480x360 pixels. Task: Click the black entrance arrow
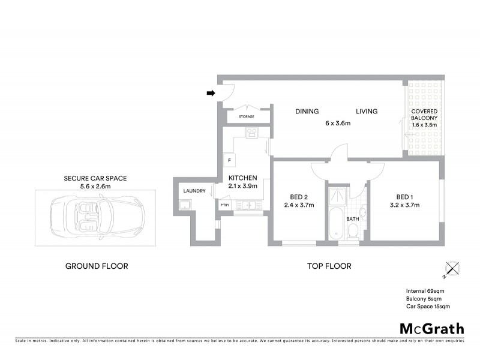coord(211,93)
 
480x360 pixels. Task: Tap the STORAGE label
coord(247,116)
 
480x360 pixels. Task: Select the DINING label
coord(307,111)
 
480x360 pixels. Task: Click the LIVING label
coord(366,111)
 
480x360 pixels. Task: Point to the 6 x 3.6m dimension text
coord(338,123)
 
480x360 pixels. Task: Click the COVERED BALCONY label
coord(424,115)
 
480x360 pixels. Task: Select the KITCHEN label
coord(243,178)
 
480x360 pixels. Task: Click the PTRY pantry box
coord(225,205)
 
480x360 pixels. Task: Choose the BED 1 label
coord(404,197)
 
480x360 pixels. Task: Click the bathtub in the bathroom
coord(335,224)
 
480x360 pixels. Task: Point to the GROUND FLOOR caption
coord(96,266)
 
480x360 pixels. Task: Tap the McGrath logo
coord(431,328)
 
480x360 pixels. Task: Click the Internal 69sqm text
coord(425,291)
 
